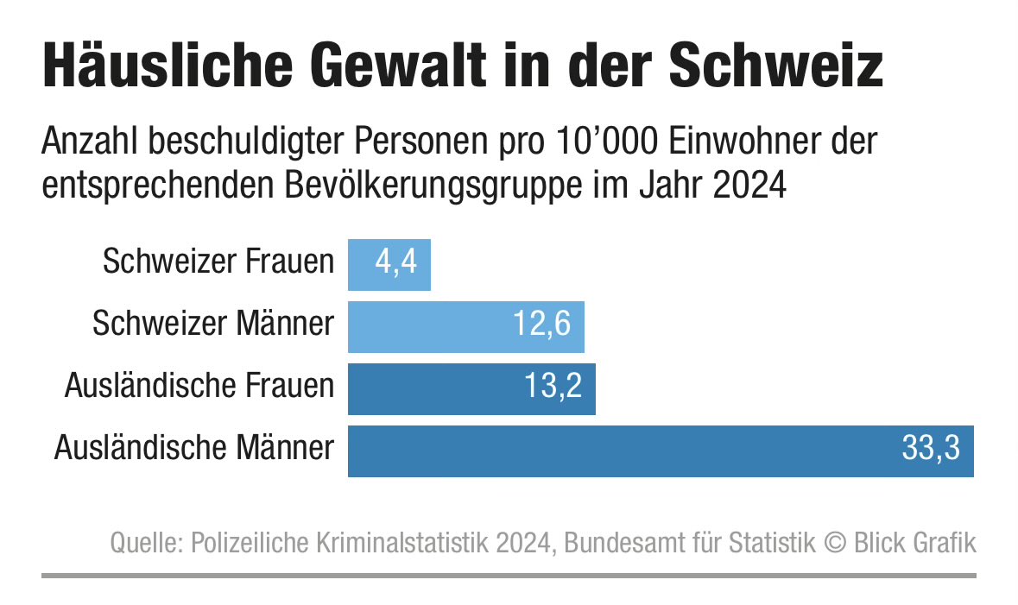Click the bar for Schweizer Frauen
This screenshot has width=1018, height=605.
389,264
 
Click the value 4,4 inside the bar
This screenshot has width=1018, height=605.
396,262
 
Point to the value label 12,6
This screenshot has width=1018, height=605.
541,325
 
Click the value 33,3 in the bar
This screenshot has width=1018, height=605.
931,450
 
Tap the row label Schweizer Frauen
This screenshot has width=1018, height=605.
218,262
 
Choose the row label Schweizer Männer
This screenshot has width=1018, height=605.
212,325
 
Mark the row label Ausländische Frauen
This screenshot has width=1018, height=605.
199,387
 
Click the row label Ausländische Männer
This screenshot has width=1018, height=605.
193,449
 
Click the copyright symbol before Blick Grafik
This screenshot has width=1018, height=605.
834,544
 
